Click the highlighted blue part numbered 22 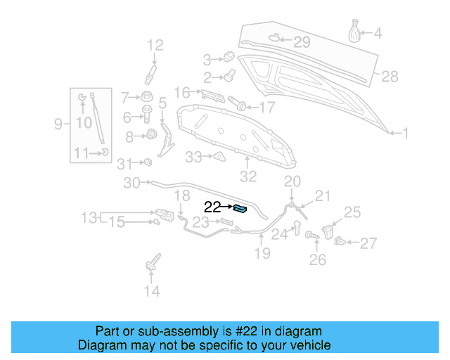(240, 207)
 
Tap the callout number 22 (212, 207)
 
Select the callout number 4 (377, 32)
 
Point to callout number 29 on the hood (301, 42)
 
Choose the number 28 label (390, 76)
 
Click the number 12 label (155, 46)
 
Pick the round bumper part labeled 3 (228, 57)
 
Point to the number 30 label (132, 184)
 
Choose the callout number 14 (152, 290)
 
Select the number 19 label (262, 252)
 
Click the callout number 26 (318, 260)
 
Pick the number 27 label (368, 244)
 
